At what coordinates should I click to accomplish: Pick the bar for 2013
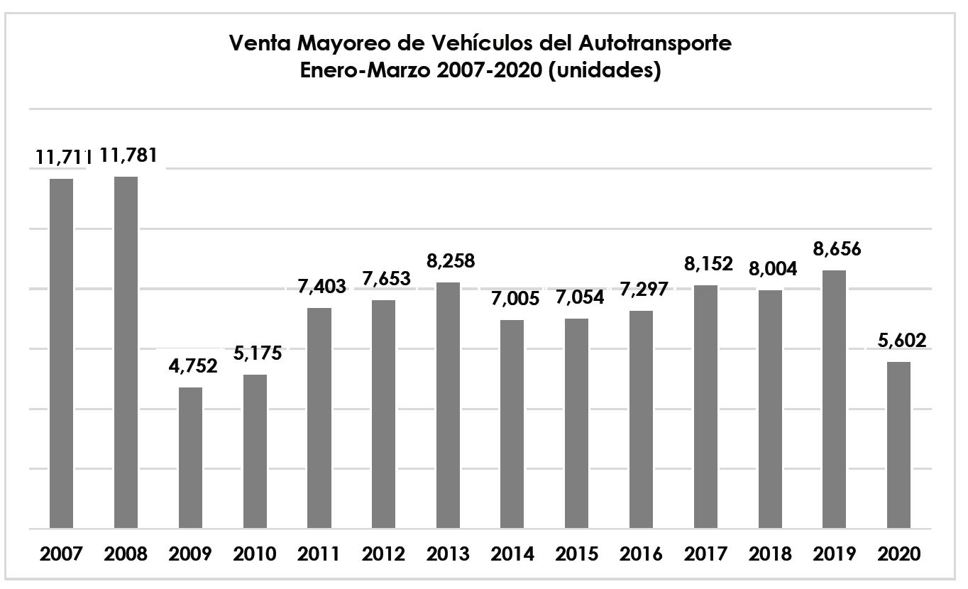pyautogui.click(x=448, y=405)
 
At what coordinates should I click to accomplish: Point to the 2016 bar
pyautogui.click(x=641, y=419)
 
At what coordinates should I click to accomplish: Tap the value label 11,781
pyautogui.click(x=129, y=155)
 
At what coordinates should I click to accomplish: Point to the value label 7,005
pyautogui.click(x=512, y=299)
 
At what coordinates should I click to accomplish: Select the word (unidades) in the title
pyautogui.click(x=614, y=72)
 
